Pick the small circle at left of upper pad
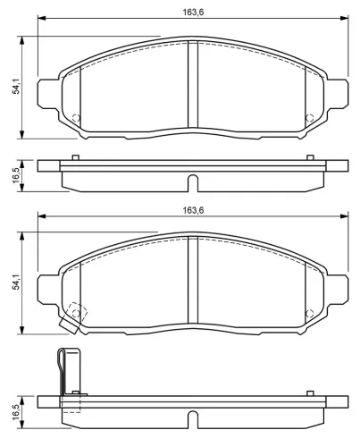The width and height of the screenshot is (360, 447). pyautogui.click(x=76, y=119)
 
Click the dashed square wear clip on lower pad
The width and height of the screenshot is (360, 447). pyautogui.click(x=78, y=314)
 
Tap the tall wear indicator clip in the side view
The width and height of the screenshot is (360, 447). pyautogui.click(x=63, y=371)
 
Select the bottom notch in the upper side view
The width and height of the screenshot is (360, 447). pyautogui.click(x=191, y=182)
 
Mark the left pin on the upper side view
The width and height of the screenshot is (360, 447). pyautogui.click(x=76, y=158)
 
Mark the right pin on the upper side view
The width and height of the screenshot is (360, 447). pyautogui.click(x=309, y=158)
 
